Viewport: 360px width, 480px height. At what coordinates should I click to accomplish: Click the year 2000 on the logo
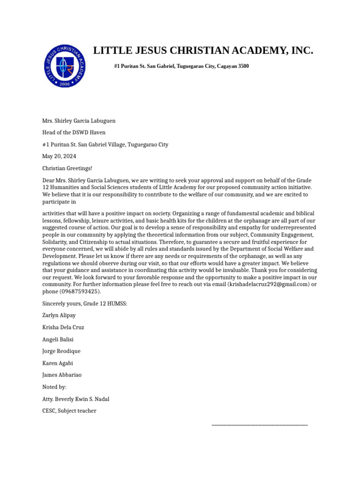click(x=66, y=83)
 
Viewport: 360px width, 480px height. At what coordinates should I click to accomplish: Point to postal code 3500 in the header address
click(x=243, y=67)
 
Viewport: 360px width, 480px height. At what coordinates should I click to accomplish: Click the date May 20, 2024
click(x=59, y=157)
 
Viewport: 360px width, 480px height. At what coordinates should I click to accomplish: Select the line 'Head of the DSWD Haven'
click(x=74, y=133)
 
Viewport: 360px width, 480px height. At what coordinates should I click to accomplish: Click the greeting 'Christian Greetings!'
click(x=67, y=168)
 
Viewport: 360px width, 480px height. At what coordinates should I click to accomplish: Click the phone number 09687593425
click(x=81, y=292)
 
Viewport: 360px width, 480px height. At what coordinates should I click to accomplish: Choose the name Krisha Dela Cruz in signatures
click(x=63, y=327)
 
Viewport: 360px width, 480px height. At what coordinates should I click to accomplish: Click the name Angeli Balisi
click(x=58, y=339)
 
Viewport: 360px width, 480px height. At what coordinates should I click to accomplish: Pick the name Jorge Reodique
click(x=61, y=351)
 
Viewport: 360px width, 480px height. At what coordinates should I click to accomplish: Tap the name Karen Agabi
click(x=58, y=363)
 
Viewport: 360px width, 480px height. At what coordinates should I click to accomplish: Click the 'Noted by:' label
click(x=54, y=387)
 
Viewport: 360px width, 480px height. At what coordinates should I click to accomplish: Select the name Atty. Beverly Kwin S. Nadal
click(x=76, y=399)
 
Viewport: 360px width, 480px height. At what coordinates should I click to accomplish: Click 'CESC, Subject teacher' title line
click(x=69, y=411)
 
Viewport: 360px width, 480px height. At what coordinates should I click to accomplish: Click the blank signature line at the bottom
click(x=260, y=425)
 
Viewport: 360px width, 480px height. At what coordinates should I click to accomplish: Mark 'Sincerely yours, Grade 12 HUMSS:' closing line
click(x=85, y=304)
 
